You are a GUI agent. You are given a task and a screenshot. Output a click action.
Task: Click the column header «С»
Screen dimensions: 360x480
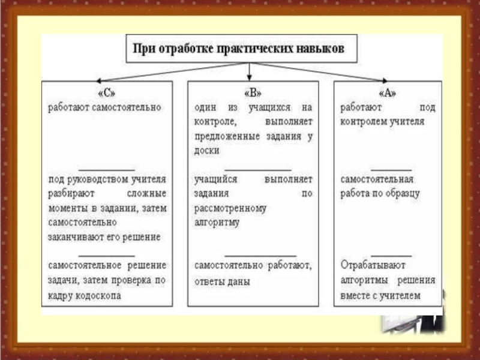tap(105, 93)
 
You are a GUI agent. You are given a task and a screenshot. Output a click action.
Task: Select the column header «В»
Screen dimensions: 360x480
tap(252, 93)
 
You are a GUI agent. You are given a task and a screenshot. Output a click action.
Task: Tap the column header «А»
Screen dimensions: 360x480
tap(388, 93)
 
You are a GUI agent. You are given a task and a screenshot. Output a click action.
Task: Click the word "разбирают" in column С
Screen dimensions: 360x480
tap(69, 194)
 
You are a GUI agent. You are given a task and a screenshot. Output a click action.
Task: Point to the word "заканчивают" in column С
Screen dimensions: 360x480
tap(74, 237)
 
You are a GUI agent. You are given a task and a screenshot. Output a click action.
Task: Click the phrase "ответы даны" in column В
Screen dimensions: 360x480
tap(222, 281)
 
